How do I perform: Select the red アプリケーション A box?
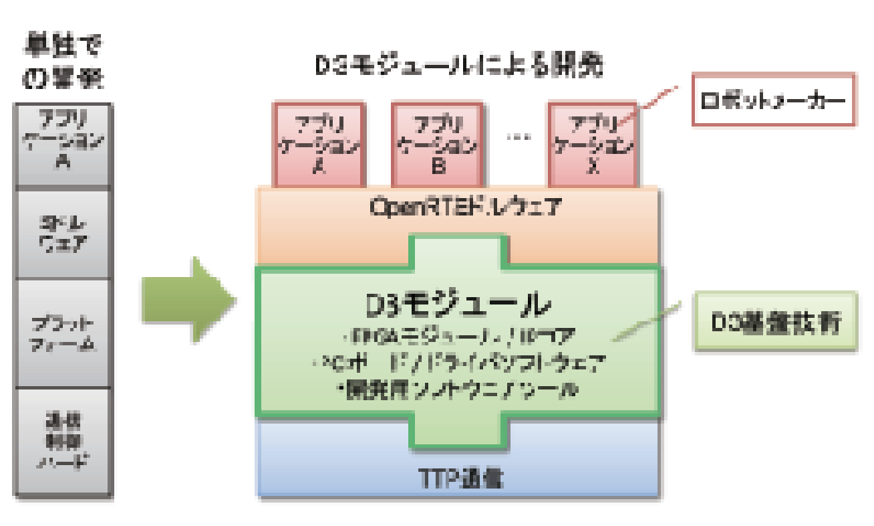tap(318, 144)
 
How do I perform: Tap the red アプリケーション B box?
tap(437, 144)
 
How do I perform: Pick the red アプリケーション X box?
tap(592, 144)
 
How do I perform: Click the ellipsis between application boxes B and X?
tap(518, 138)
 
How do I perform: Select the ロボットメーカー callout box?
tap(774, 99)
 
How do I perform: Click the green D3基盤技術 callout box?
tap(775, 321)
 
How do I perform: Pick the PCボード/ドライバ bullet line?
tap(458, 363)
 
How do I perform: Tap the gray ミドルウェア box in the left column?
tap(63, 234)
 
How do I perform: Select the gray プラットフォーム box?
tap(63, 333)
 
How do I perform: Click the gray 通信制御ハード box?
tap(63, 442)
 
